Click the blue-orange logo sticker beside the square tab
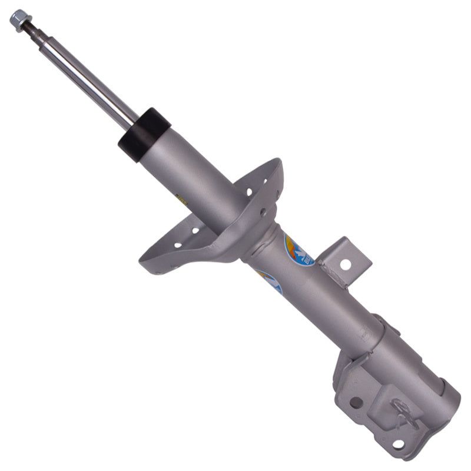coord(298,250)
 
